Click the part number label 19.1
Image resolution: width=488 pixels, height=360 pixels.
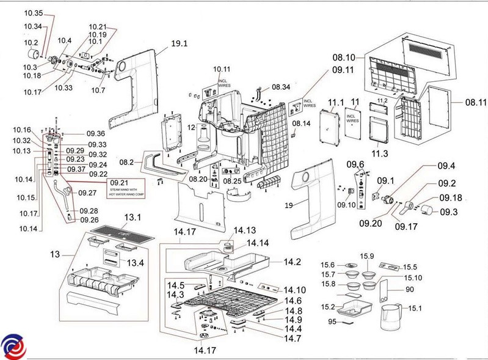(180, 44)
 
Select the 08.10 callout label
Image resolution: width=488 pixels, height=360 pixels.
(343, 57)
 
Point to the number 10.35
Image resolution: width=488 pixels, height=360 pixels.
(33, 13)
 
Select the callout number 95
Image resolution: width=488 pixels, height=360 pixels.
(332, 321)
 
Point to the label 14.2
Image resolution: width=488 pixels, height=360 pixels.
(292, 262)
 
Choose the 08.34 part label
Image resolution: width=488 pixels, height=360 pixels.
(281, 87)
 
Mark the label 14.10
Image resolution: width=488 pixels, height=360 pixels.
(294, 290)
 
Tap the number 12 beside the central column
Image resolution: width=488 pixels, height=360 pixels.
(191, 128)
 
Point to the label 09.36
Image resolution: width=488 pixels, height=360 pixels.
(96, 134)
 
